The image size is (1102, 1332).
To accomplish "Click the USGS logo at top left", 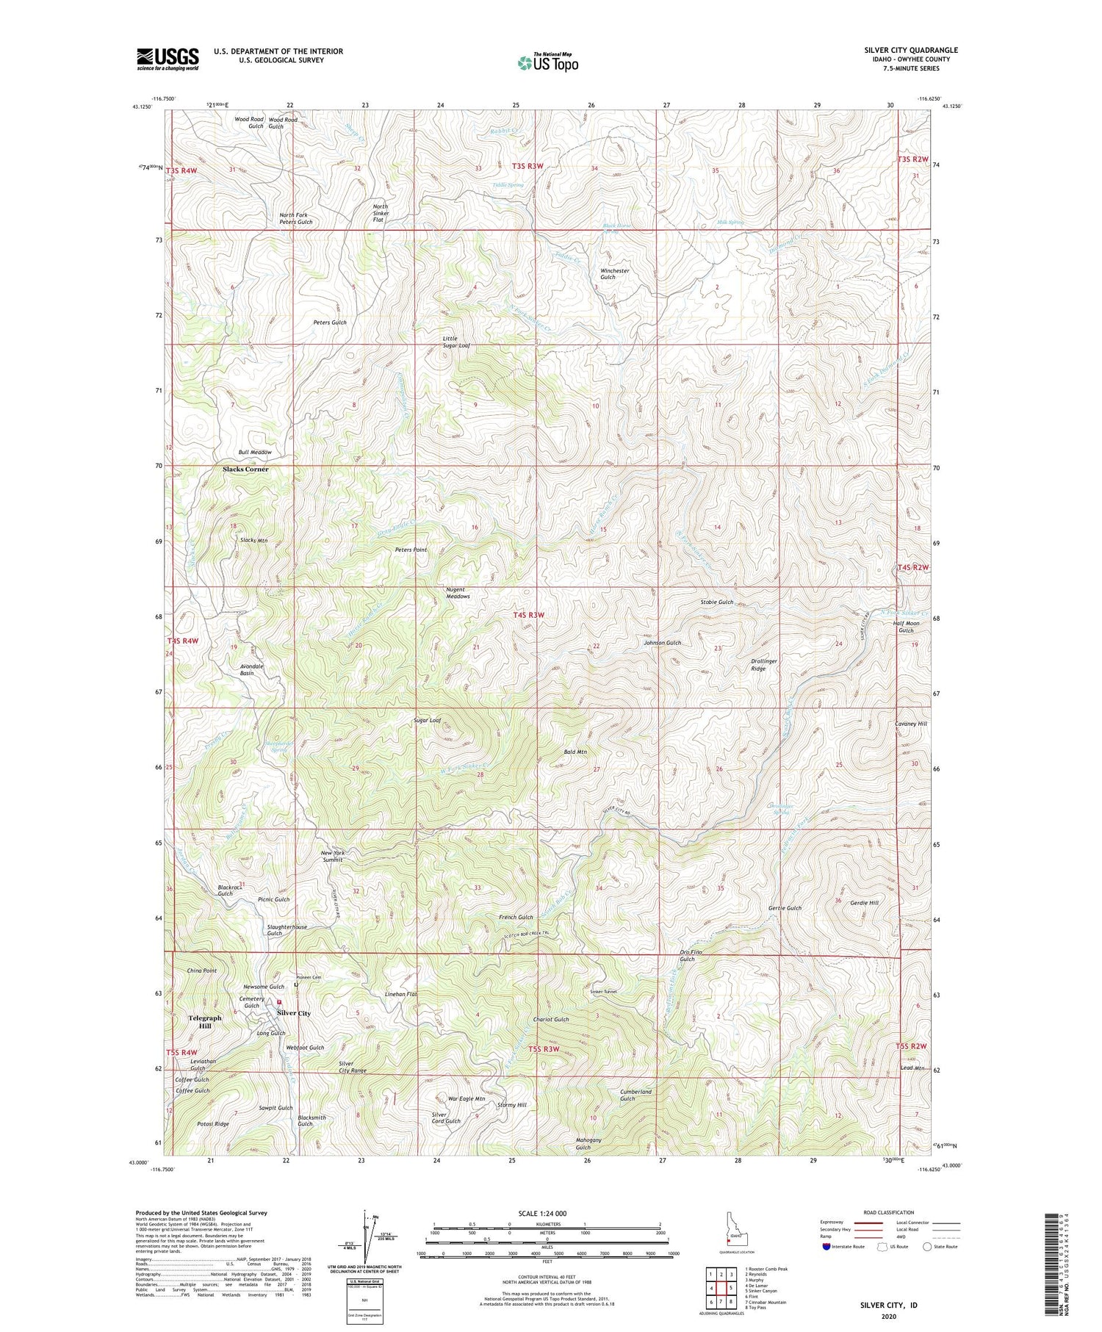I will tap(168, 59).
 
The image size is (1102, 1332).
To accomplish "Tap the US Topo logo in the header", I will tap(547, 62).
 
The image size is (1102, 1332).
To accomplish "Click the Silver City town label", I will tap(294, 1013).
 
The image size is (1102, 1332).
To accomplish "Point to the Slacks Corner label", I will tap(245, 469).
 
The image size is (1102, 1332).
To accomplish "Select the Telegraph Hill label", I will tap(205, 1021).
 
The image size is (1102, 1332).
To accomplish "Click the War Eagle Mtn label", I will tap(467, 1099).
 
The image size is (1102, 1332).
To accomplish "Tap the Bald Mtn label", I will tap(575, 752).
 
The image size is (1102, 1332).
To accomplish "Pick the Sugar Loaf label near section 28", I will tap(427, 721).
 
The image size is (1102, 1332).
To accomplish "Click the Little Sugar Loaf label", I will tap(455, 342).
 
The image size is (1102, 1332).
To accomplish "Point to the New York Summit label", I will tap(333, 856).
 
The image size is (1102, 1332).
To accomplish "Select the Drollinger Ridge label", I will tap(764, 664).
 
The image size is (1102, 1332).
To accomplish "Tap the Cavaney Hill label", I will tap(911, 724).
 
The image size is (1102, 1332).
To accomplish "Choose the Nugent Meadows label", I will tap(458, 593).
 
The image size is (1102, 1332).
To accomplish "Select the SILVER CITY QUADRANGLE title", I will tap(911, 51).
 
